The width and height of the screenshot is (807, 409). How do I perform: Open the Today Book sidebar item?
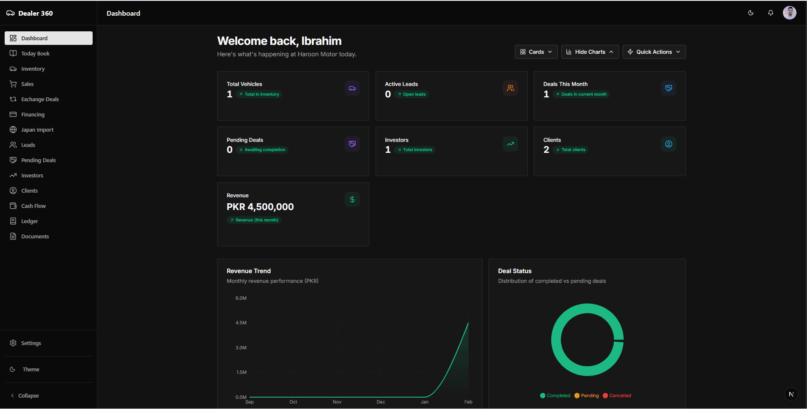[36, 54]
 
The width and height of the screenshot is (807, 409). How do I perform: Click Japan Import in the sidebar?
[37, 130]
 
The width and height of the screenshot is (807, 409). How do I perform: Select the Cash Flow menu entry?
[33, 206]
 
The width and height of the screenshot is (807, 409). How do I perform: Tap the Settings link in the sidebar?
[31, 343]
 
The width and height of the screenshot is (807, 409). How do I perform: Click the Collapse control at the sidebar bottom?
[28, 396]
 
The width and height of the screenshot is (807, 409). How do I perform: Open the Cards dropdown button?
[536, 52]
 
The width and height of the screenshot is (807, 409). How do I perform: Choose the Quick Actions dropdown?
[654, 52]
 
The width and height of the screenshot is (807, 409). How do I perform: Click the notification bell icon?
[771, 13]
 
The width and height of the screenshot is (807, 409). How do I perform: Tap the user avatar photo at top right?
[789, 13]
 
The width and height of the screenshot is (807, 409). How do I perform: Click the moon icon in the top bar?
[751, 13]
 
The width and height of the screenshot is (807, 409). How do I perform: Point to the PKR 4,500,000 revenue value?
[260, 207]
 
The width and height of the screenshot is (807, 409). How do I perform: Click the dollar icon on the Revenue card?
[352, 199]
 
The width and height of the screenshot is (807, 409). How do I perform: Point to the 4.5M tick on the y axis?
[241, 323]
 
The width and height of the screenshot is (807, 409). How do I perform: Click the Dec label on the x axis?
[381, 402]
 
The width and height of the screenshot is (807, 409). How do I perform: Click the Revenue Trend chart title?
[249, 271]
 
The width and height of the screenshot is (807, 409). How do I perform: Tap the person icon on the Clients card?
[668, 144]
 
